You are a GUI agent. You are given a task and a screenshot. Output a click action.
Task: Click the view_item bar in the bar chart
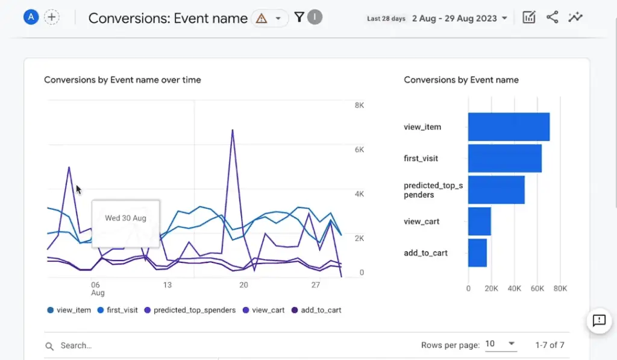[x=509, y=127]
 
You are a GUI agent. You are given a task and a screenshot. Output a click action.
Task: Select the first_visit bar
[x=504, y=159]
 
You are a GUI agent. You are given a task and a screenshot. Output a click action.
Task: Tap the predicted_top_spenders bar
[x=496, y=190]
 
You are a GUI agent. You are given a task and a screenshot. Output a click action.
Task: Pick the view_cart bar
[x=480, y=221]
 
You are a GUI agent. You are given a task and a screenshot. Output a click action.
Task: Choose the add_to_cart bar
[x=477, y=253]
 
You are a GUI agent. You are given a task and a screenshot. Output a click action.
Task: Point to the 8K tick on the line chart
[x=359, y=106]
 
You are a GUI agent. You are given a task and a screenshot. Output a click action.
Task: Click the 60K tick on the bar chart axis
[x=537, y=288]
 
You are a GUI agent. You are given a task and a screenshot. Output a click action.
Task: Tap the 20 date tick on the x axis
[x=243, y=285]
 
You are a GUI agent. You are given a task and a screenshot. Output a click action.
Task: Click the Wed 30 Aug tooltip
[x=125, y=218]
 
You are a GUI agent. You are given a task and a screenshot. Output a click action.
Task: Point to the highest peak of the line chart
[x=232, y=130]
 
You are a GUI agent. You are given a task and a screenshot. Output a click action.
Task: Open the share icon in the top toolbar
[x=552, y=17]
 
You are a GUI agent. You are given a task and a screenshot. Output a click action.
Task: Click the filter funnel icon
[x=299, y=17]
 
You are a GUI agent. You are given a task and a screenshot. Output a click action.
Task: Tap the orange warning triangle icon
[x=261, y=18]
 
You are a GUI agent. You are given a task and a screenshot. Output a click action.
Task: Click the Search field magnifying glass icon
[x=49, y=346]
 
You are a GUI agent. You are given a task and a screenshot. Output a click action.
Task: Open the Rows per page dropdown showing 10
[x=500, y=344]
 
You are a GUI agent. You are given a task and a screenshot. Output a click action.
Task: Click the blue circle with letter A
[x=31, y=17]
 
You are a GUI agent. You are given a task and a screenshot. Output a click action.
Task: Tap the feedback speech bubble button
[x=599, y=320]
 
